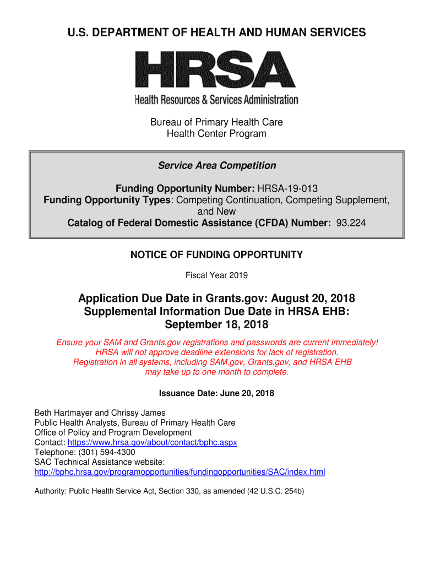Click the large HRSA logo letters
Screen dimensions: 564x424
coord(216,69)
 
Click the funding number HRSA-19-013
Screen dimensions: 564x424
coord(288,188)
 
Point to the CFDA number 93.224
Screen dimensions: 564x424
coord(351,223)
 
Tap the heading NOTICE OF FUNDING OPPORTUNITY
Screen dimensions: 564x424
coord(216,255)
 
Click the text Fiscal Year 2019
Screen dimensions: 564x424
coord(216,275)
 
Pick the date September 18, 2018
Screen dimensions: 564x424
coord(216,324)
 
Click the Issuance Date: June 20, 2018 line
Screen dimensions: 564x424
coord(216,393)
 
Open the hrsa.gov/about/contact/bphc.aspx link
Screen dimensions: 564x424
coord(152,443)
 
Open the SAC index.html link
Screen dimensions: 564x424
coord(180,472)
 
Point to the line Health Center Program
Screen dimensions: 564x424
coord(216,134)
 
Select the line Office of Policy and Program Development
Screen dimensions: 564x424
coord(113,433)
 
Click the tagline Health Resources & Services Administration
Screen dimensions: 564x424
coord(216,100)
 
